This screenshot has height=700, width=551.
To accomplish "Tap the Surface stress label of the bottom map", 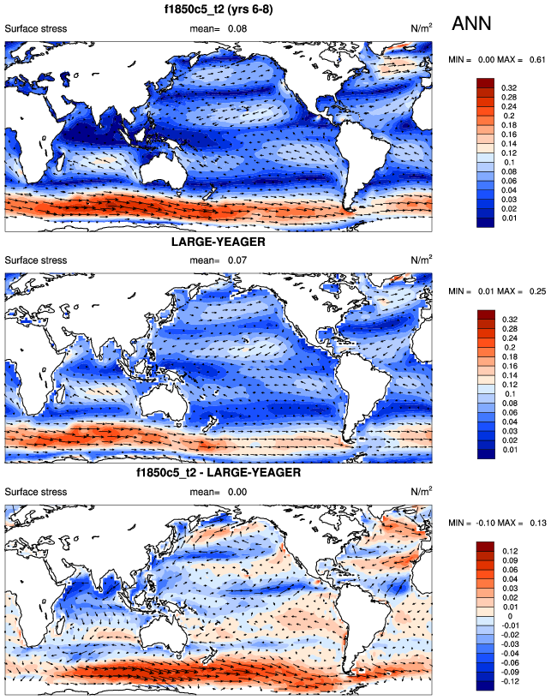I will (x=36, y=491).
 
